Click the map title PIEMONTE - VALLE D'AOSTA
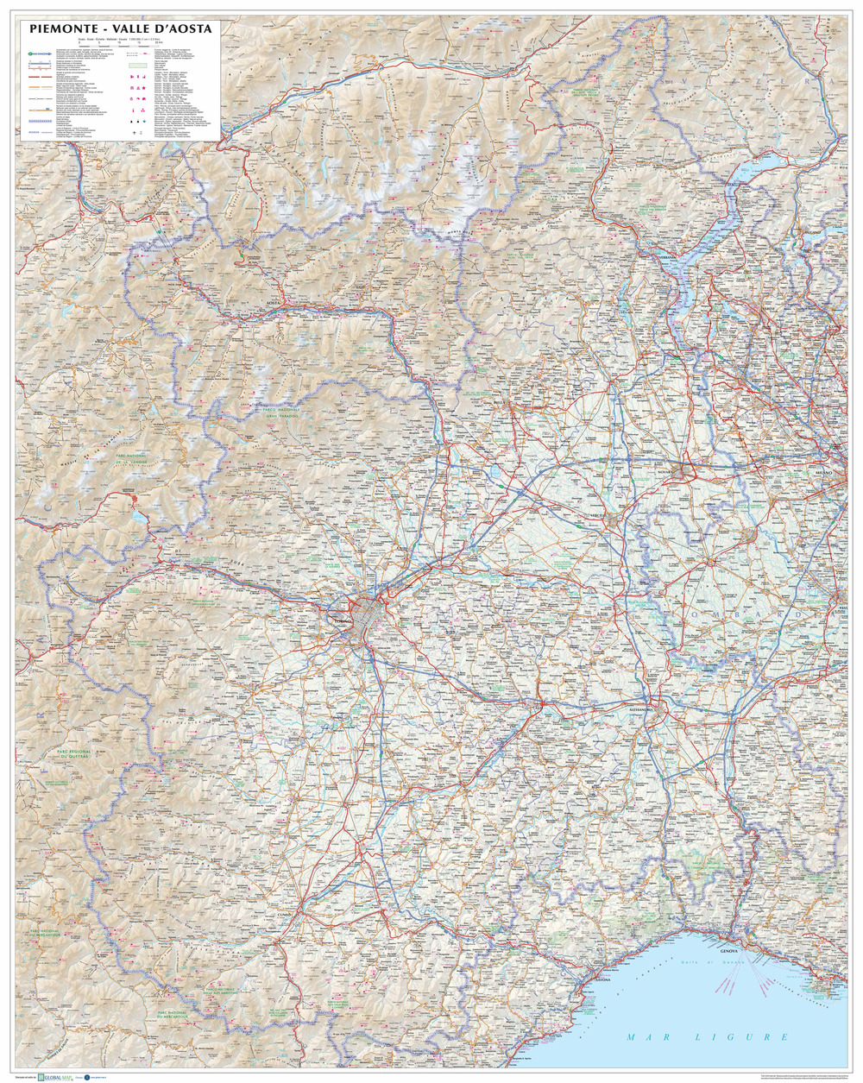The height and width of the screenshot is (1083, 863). (x=120, y=28)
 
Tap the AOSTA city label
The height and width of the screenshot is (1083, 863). (x=275, y=304)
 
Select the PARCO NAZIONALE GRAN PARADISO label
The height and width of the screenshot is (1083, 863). (x=274, y=408)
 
